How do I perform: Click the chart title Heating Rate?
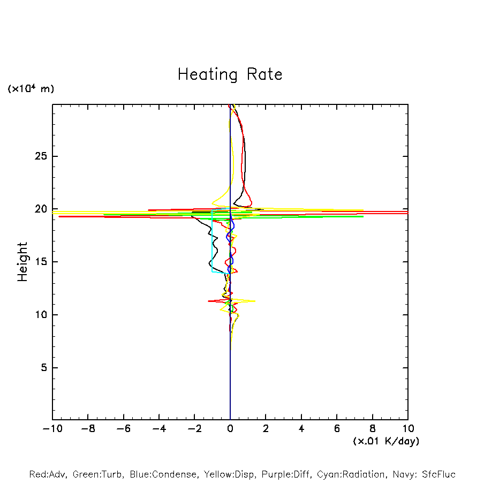pos(230,74)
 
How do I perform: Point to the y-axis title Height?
pos(22,262)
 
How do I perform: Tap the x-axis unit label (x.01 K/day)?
pos(386,441)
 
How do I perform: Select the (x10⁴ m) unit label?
pos(31,89)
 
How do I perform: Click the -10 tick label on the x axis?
pos(52,429)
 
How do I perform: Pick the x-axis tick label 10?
pos(408,429)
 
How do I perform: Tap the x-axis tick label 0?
pos(230,429)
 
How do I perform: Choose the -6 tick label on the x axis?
pos(123,429)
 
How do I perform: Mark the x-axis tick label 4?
pos(301,429)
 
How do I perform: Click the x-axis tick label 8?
pos(373,429)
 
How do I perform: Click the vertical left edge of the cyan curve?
pos(212,241)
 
